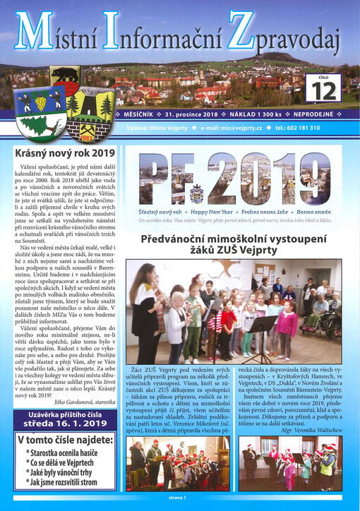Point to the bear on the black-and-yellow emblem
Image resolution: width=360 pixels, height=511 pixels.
pyautogui.click(x=67, y=76)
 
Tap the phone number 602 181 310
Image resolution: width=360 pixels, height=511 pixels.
pyautogui.click(x=305, y=128)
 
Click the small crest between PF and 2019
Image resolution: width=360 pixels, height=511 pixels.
pyautogui.click(x=196, y=192)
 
